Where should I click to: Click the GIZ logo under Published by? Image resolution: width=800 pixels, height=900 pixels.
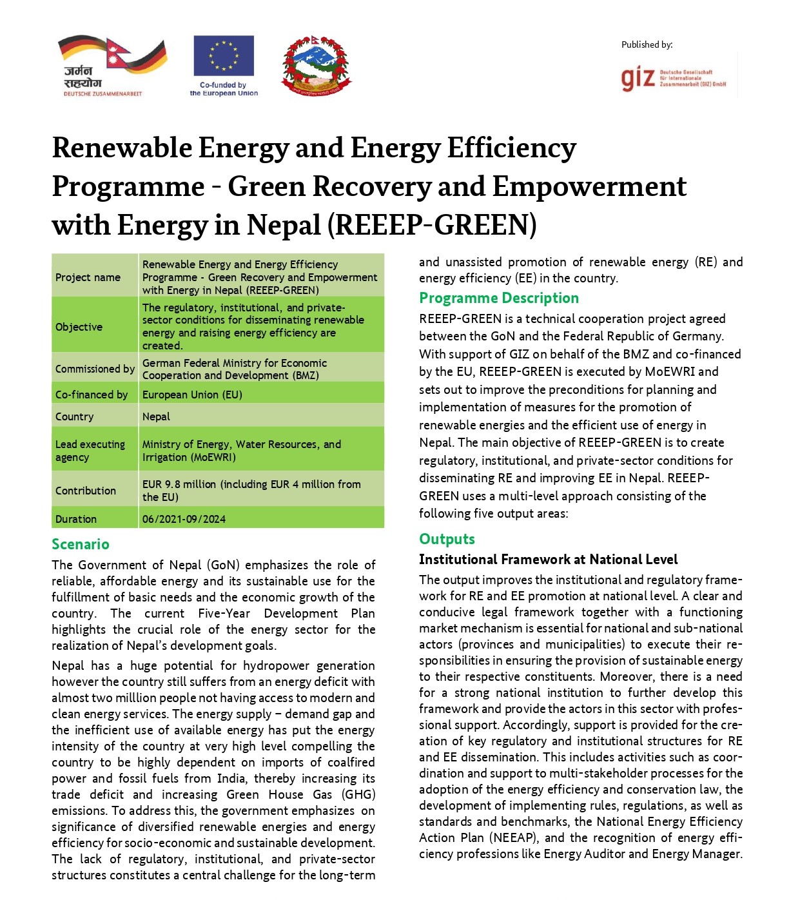tap(674, 78)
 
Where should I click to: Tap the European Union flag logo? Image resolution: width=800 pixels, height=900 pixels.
tap(224, 55)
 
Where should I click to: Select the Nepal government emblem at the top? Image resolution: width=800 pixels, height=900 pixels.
tap(316, 66)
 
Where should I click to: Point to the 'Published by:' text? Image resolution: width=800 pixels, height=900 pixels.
tap(647, 44)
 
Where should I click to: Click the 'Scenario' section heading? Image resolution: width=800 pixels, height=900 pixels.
tap(81, 544)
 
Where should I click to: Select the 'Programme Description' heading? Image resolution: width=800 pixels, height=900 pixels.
tap(499, 298)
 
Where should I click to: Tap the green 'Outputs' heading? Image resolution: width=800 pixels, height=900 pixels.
tap(447, 539)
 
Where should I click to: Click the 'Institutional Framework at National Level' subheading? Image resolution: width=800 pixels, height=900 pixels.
tap(548, 560)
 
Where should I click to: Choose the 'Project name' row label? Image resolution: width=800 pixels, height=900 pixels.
tap(88, 277)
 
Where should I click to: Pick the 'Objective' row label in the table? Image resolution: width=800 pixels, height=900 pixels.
tap(79, 327)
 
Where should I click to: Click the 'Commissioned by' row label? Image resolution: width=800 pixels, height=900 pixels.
tap(95, 369)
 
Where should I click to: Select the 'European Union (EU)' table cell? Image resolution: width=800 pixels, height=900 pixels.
tap(192, 395)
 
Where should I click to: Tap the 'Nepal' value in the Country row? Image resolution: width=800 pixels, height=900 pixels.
tap(156, 416)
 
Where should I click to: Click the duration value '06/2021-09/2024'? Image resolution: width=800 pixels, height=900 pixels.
tap(184, 519)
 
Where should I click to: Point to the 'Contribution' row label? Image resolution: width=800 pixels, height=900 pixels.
tap(86, 491)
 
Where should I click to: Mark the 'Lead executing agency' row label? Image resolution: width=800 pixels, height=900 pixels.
tap(90, 451)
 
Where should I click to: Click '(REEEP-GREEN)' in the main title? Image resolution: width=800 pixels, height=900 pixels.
tap(432, 225)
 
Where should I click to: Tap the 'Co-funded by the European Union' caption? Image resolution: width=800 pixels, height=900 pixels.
tap(224, 89)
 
